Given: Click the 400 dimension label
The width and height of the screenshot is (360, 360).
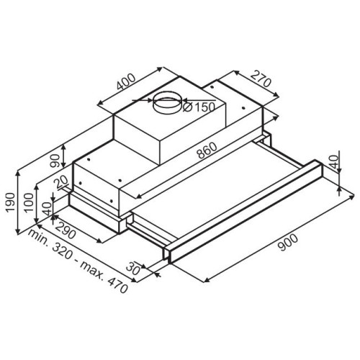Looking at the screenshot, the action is click(x=126, y=81).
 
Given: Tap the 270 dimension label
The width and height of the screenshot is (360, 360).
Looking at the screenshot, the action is click(x=261, y=78).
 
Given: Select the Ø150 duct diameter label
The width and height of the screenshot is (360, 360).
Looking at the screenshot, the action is click(x=199, y=107).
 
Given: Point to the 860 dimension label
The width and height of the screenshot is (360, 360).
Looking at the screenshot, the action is click(x=207, y=150).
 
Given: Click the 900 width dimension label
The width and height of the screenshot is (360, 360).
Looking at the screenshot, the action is click(x=287, y=243).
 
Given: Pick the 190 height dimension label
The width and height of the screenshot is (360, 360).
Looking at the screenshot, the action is click(x=11, y=202).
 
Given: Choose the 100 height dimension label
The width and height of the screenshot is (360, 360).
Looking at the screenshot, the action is click(x=29, y=202).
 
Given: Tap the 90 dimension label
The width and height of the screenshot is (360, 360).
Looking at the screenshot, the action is click(x=55, y=161).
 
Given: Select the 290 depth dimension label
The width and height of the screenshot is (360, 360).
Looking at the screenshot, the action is click(x=66, y=230).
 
